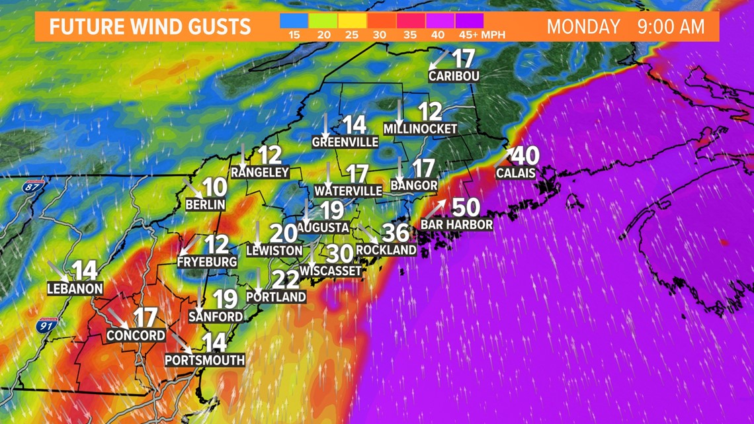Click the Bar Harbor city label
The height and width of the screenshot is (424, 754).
pyautogui.click(x=456, y=225)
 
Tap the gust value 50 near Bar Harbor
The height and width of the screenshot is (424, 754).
pyautogui.click(x=466, y=208)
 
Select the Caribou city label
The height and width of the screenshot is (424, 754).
pyautogui.click(x=454, y=76)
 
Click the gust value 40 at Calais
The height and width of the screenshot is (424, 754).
pyautogui.click(x=525, y=156)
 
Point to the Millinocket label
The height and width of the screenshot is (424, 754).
pyautogui.click(x=420, y=129)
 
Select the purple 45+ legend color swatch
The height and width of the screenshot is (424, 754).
pyautogui.click(x=469, y=21)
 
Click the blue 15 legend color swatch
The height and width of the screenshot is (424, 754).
pyautogui.click(x=294, y=21)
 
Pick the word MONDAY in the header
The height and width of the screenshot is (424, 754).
pyautogui.click(x=583, y=27)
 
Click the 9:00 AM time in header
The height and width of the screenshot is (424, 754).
pyautogui.click(x=671, y=27)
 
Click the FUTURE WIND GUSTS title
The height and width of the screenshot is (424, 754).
pyautogui.click(x=150, y=27)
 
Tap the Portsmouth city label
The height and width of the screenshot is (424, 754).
pyautogui.click(x=205, y=360)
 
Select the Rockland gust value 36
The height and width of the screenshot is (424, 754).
pyautogui.click(x=396, y=233)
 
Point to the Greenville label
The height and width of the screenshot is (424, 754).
pyautogui.click(x=345, y=142)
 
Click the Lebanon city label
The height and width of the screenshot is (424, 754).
pyautogui.click(x=75, y=288)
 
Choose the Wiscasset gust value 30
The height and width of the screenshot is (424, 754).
pyautogui.click(x=340, y=253)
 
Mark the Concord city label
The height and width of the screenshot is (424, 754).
pyautogui.click(x=136, y=335)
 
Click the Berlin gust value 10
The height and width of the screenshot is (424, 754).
pyautogui.click(x=215, y=188)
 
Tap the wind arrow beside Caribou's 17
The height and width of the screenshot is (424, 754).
pyautogui.click(x=439, y=60)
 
